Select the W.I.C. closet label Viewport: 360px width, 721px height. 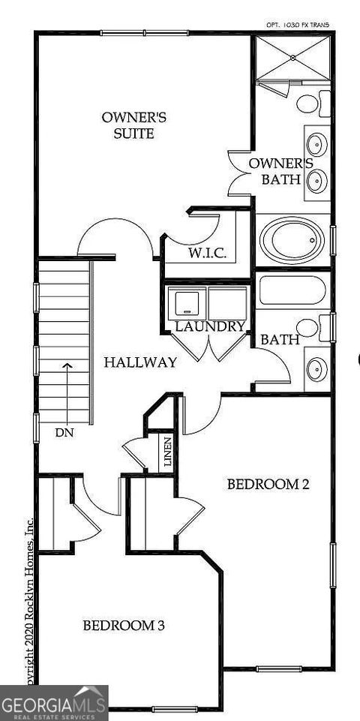coord(208,252)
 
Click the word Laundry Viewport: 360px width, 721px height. coord(210,326)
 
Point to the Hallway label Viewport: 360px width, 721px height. coord(140,362)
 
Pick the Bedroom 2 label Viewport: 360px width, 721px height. coord(268,485)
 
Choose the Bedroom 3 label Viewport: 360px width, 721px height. coord(124,625)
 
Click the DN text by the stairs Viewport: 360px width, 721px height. coord(64,433)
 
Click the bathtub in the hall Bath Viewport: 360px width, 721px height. coord(292,291)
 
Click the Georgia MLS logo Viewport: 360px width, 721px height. coord(54,704)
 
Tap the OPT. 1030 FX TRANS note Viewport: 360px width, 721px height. coord(298,25)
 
